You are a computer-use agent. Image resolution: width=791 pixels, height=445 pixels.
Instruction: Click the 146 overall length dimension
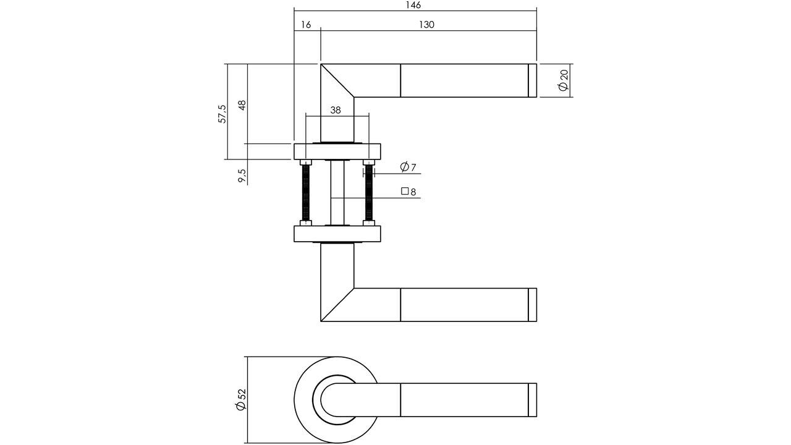pyautogui.click(x=414, y=6)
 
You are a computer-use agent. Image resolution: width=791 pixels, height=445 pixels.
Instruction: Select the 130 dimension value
pyautogui.click(x=426, y=25)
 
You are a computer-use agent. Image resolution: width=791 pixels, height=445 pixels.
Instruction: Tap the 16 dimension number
pyautogui.click(x=306, y=25)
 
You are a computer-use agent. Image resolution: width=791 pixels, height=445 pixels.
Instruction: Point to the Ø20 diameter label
pyautogui.click(x=563, y=80)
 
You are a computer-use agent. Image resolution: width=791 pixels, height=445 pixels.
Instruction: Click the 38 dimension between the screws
pyautogui.click(x=336, y=110)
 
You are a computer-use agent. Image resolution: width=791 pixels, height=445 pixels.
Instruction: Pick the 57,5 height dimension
pyautogui.click(x=222, y=114)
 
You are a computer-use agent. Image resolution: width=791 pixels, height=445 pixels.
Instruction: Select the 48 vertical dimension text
pyautogui.click(x=242, y=104)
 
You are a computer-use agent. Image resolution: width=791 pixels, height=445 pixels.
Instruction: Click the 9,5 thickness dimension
pyautogui.click(x=242, y=176)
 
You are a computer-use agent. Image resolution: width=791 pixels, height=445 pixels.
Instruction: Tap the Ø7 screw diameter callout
pyautogui.click(x=408, y=167)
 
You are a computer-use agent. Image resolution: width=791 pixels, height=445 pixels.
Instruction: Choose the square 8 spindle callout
pyautogui.click(x=409, y=192)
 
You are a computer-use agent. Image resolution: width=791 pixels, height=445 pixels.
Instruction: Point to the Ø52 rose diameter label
pyautogui.click(x=241, y=399)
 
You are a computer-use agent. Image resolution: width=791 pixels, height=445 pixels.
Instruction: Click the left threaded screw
pyautogui.click(x=306, y=192)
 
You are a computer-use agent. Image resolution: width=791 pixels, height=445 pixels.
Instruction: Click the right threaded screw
pyautogui.click(x=370, y=192)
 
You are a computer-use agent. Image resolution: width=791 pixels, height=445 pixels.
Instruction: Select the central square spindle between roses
pyautogui.click(x=337, y=193)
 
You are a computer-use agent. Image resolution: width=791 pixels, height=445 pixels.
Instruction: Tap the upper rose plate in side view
pyautogui.click(x=337, y=151)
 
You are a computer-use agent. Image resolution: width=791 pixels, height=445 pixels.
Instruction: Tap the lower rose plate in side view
pyautogui.click(x=337, y=234)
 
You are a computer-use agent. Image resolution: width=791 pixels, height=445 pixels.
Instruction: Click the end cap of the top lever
pyautogui.click(x=533, y=80)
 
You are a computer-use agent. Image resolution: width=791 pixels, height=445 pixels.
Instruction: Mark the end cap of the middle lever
pyautogui.click(x=533, y=305)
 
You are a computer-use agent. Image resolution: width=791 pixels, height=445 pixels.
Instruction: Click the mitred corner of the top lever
pyautogui.click(x=337, y=80)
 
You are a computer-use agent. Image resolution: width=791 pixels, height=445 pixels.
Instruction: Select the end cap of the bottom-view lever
pyautogui.click(x=533, y=400)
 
